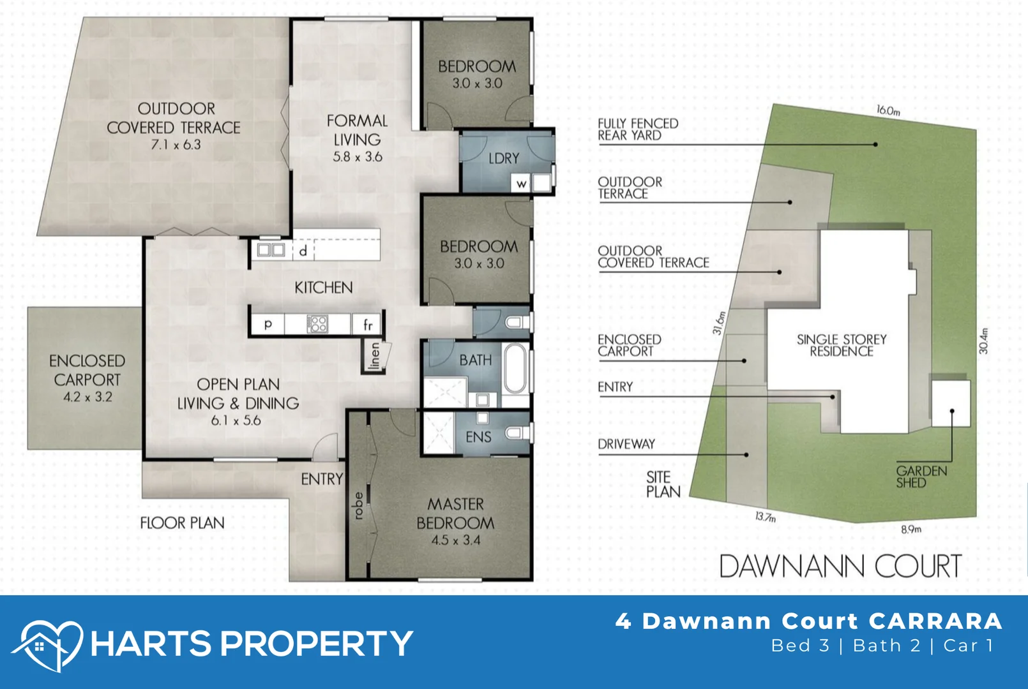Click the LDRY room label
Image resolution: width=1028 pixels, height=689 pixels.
coord(504,158)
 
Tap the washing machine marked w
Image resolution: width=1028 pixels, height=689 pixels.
coord(522,184)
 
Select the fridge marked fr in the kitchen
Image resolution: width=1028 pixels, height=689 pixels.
coord(368,325)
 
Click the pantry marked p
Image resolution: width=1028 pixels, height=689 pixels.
coord(268,324)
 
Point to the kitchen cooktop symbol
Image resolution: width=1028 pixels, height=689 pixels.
coord(317,324)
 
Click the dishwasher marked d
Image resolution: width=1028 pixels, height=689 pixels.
coord(303,251)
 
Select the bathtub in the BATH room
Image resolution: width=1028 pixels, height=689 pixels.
coord(515,369)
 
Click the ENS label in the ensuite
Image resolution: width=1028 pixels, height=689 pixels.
coord(478,437)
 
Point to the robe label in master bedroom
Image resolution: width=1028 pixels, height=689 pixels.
coord(358,505)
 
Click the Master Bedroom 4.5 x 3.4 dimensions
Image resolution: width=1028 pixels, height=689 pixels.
coord(455,540)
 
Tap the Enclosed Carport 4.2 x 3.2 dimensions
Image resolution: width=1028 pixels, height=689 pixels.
coord(87,397)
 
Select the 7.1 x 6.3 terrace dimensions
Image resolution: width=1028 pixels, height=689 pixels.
coord(176,145)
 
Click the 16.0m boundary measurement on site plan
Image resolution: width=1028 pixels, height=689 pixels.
coord(888,110)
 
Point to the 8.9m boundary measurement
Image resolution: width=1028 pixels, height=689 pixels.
coord(911,529)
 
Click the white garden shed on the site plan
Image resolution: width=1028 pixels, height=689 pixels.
coord(951,403)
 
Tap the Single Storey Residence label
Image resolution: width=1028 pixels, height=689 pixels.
coord(842,345)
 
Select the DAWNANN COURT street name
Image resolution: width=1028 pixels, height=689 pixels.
coord(840,567)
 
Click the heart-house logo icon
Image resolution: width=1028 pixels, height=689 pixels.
coord(48,644)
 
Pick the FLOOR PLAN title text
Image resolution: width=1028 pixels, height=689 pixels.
coord(183,523)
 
